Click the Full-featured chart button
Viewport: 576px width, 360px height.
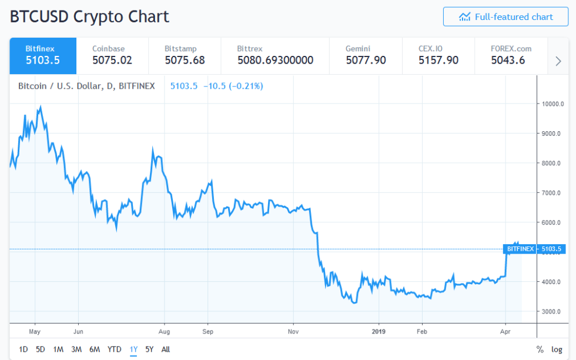505,17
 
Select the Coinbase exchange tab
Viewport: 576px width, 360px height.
112,55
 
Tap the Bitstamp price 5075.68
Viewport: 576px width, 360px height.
185,60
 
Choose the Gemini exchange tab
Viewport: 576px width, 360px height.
365,55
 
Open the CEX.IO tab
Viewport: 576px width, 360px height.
438,55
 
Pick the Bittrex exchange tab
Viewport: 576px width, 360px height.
274,55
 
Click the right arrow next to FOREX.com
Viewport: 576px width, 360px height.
558,61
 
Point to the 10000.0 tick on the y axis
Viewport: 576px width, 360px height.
554,104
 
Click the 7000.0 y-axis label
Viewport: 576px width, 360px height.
554,193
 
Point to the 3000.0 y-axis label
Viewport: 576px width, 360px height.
554,311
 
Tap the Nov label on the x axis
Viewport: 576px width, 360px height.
294,331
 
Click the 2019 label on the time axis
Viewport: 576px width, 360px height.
379,331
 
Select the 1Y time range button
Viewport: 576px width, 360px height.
133,349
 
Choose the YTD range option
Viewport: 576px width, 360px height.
115,349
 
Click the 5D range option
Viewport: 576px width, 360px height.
40,349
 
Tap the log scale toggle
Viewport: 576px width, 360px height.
557,349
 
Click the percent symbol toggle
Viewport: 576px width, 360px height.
540,349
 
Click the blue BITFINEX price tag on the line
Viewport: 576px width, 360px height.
520,249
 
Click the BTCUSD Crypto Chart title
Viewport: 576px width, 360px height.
89,16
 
